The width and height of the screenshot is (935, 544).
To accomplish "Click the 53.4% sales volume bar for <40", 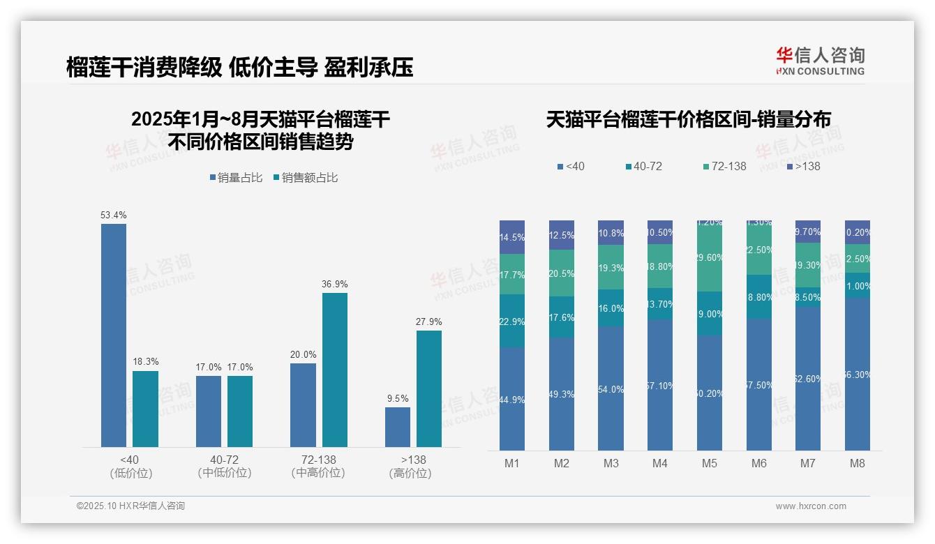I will pos(114,335).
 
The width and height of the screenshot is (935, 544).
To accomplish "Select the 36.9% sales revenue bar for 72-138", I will pos(335,370).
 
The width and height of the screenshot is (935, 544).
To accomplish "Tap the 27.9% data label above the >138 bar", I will pos(429,322).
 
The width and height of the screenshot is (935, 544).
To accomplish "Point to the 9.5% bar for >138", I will pos(398,427).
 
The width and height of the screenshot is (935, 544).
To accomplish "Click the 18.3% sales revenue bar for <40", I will pos(145,409).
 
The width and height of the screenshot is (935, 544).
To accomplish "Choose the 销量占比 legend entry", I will pos(236,178).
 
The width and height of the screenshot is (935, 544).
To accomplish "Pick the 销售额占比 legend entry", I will pos(306,178).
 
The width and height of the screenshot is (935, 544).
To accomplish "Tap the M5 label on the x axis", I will pos(710,463).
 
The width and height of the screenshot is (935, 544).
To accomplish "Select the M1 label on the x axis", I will pos(512,463).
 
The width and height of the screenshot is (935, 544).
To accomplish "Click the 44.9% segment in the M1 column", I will pos(512,399).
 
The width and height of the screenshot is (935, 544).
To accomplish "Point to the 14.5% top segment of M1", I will pos(512,237).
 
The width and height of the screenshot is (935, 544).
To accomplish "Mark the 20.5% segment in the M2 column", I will pos(562,273).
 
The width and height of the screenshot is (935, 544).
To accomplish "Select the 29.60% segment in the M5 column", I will pos(710,258).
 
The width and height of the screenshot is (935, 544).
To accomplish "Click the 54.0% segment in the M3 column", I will pos(611,388).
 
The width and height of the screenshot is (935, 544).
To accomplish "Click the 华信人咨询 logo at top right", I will pos(820,60).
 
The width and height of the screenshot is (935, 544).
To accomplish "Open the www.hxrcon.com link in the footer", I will pos(811,506).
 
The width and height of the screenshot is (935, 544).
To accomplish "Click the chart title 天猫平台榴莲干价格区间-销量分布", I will pos(688,120).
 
